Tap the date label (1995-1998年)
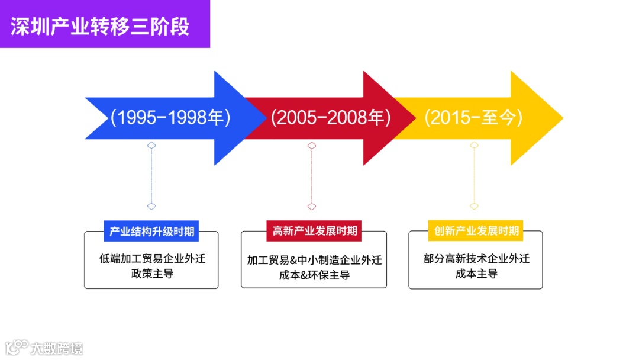pyautogui.click(x=170, y=118)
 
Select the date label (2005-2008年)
pyautogui.click(x=331, y=118)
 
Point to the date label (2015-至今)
pyautogui.click(x=473, y=118)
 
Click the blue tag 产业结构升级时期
pyautogui.click(x=151, y=231)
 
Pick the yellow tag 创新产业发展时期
pyautogui.click(x=476, y=231)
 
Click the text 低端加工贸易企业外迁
pyautogui.click(x=152, y=259)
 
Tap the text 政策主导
pyautogui.click(x=152, y=274)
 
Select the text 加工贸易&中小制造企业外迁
pyautogui.click(x=314, y=260)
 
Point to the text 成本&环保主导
pyautogui.click(x=314, y=275)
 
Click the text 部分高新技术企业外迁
pyautogui.click(x=476, y=259)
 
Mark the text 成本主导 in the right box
pyautogui.click(x=476, y=274)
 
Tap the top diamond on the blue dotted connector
pyautogui.click(x=151, y=145)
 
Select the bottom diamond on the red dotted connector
pyautogui.click(x=312, y=206)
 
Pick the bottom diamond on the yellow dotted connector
pyautogui.click(x=474, y=206)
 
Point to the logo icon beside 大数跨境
pyautogui.click(x=17, y=347)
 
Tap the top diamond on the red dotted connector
pyautogui.click(x=312, y=145)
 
